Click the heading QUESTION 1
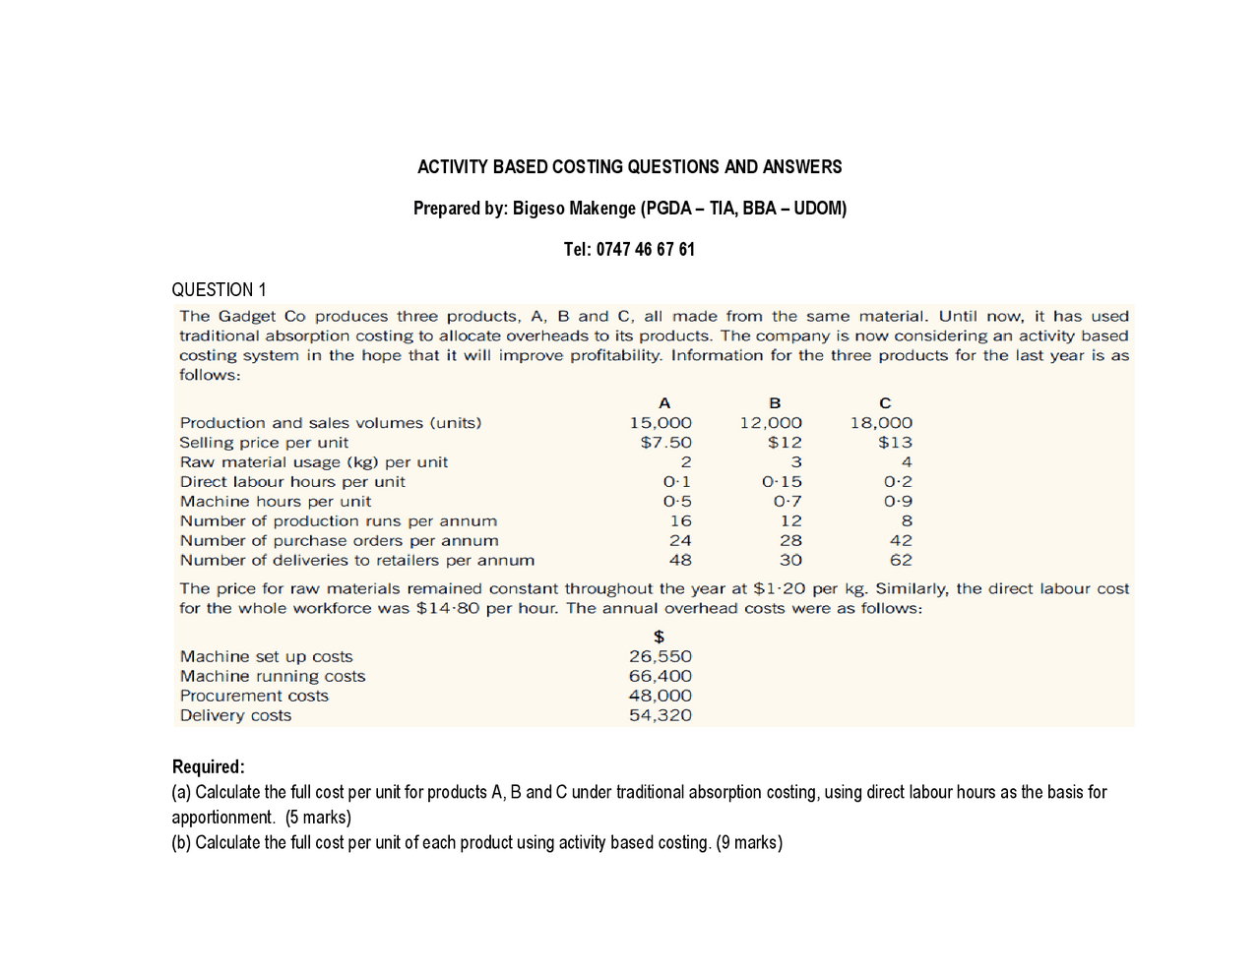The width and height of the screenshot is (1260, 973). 219,289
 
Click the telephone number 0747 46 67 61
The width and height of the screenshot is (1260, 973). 645,249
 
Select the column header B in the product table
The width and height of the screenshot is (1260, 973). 775,403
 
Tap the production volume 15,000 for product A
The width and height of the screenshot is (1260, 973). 661,423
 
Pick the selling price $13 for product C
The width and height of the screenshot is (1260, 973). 895,443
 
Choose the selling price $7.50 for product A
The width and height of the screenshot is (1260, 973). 665,443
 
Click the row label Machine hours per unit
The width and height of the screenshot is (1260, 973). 276,502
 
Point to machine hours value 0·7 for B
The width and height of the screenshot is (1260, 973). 787,502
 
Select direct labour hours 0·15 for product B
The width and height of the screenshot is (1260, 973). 782,482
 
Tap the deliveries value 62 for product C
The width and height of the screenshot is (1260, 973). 901,561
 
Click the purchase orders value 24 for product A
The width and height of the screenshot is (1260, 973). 680,541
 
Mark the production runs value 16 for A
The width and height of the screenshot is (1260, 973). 680,521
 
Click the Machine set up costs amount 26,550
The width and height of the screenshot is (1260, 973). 661,657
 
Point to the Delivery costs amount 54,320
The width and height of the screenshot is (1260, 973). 661,716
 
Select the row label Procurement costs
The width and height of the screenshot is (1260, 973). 254,697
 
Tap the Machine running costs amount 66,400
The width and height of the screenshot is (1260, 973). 661,677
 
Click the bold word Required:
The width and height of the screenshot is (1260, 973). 208,766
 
